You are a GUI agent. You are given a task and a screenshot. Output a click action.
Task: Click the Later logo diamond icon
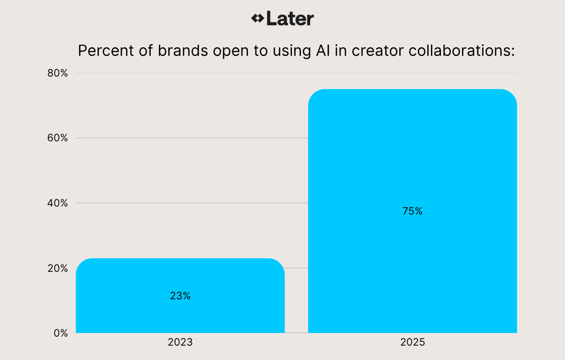258,18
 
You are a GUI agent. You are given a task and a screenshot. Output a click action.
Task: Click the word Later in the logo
290,18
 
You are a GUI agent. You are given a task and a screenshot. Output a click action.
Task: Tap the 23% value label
180,296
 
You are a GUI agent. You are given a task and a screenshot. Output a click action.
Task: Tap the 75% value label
413,211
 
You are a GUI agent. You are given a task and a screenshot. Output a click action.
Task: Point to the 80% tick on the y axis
58,73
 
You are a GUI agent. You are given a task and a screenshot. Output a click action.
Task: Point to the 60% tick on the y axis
58,138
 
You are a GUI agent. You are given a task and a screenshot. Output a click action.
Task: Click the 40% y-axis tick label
58,203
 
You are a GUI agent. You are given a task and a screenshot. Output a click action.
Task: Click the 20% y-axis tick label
58,268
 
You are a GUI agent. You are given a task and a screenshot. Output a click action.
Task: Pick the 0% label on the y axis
60,333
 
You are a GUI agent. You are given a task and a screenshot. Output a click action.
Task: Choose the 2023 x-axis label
180,342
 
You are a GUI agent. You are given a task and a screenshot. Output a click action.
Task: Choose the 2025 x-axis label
413,342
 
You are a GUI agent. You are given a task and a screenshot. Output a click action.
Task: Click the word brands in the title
183,50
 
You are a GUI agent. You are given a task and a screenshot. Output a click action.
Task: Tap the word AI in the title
317,50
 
